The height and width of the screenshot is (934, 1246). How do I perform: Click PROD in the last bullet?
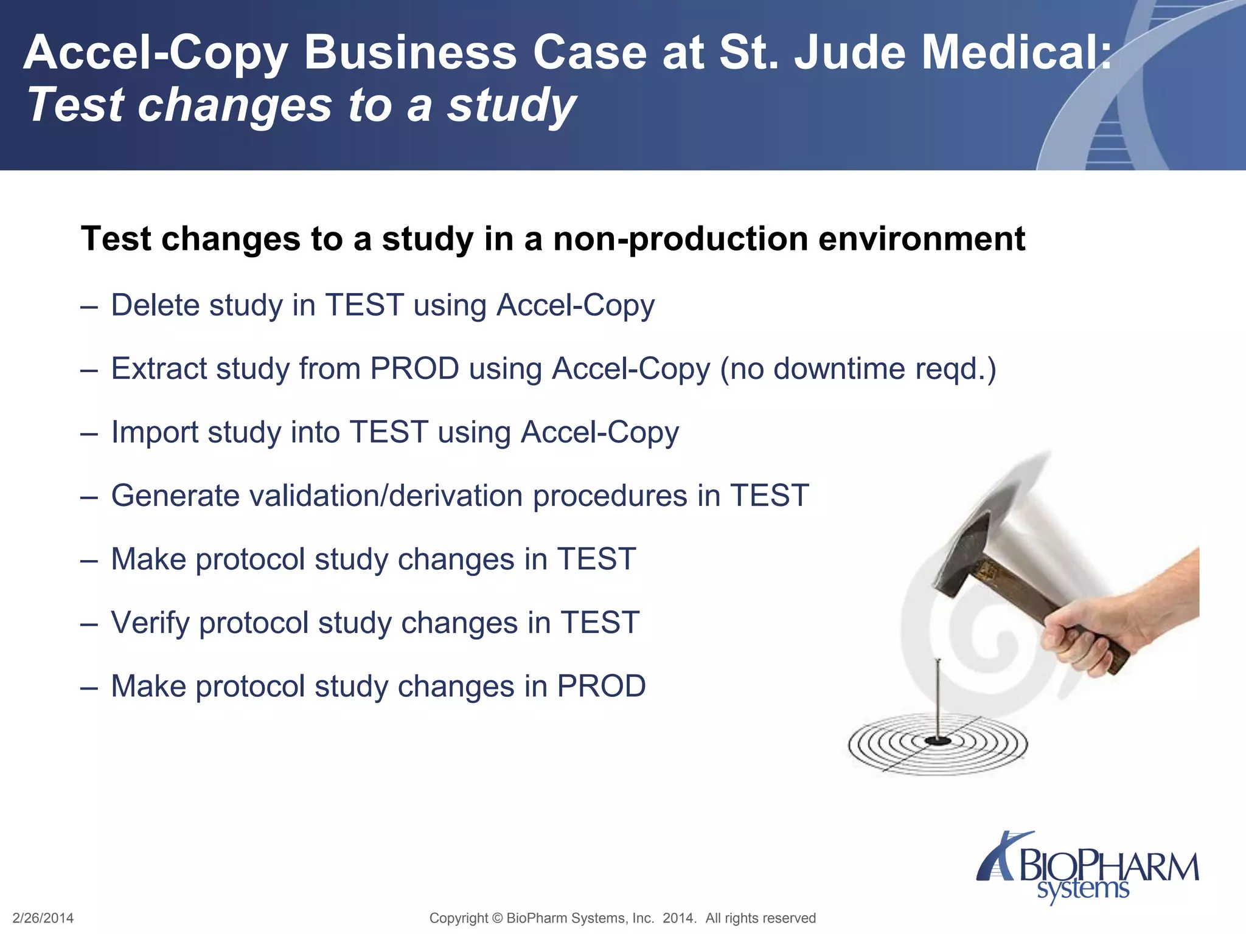click(601, 687)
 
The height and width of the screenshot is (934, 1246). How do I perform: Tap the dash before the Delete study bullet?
click(89, 306)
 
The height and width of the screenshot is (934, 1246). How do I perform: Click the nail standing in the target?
click(938, 699)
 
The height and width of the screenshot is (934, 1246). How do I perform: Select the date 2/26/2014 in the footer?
click(43, 918)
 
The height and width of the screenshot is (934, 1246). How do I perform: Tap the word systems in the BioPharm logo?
click(1083, 890)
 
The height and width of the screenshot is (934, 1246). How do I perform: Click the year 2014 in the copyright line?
click(678, 918)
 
